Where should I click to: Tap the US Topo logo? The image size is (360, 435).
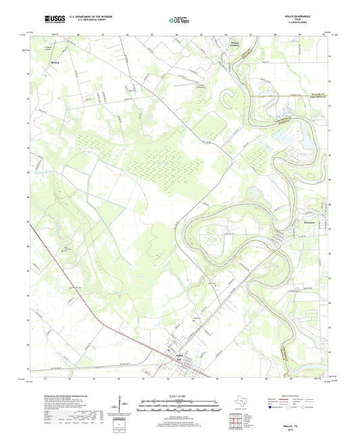(179, 21)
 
